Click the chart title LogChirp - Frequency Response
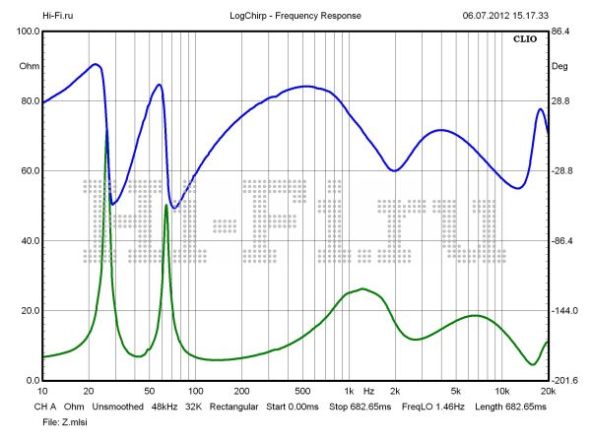(295, 17)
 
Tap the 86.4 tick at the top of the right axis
(560, 32)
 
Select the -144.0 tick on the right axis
(563, 311)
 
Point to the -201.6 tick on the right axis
(563, 381)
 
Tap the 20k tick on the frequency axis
(548, 391)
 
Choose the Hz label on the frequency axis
(368, 391)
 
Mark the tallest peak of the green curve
(106, 131)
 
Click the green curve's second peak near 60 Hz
(165, 206)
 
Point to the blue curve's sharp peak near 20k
(540, 109)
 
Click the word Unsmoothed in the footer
(116, 406)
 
